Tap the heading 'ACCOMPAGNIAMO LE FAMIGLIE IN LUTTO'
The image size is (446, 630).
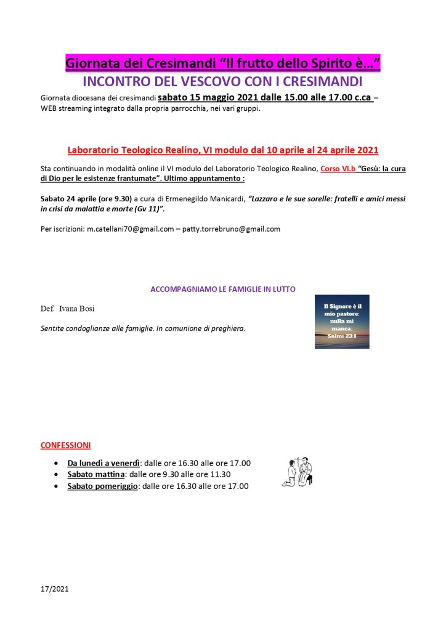223,288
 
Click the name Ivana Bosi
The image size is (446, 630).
77,308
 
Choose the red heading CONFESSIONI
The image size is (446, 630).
65,444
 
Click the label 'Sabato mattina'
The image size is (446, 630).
96,474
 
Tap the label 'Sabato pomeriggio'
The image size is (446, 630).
103,486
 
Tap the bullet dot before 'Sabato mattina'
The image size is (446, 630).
57,474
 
